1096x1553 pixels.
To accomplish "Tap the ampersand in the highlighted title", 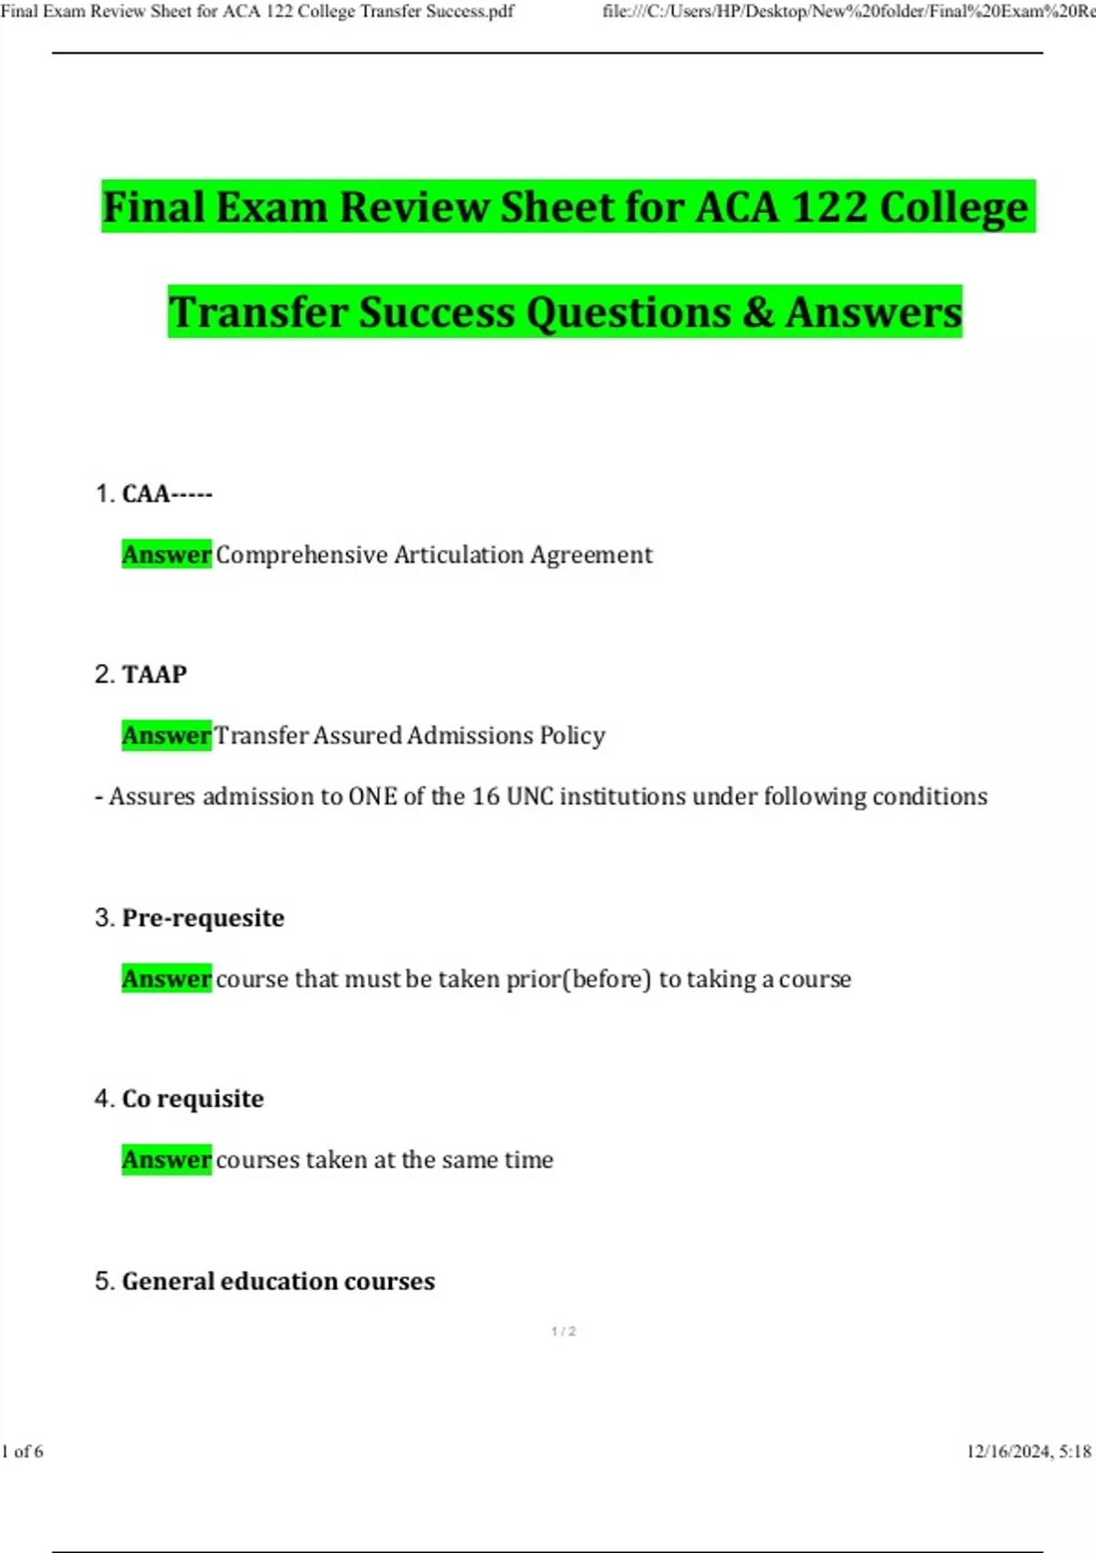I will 758,312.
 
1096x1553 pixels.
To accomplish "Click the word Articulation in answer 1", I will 459,555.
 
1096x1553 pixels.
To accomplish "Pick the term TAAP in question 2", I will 154,675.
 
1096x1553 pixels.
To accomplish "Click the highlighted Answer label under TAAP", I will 166,736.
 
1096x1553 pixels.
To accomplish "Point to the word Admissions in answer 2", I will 469,736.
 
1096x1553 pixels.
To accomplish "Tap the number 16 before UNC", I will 485,798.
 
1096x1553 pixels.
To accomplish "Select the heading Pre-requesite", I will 203,918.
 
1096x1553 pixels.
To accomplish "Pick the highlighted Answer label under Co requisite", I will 166,1160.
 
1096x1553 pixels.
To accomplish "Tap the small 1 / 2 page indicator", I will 564,1332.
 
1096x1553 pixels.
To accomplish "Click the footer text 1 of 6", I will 23,1452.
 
